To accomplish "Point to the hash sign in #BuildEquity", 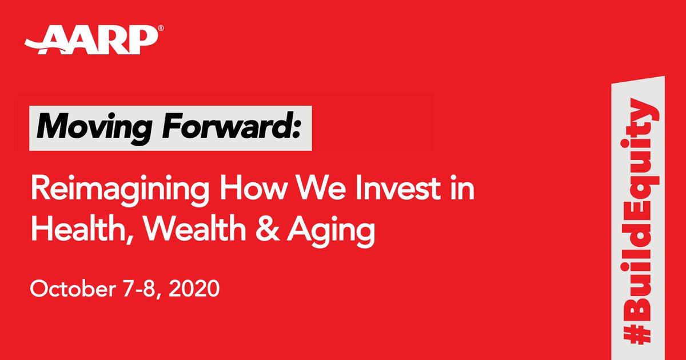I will point(636,330).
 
